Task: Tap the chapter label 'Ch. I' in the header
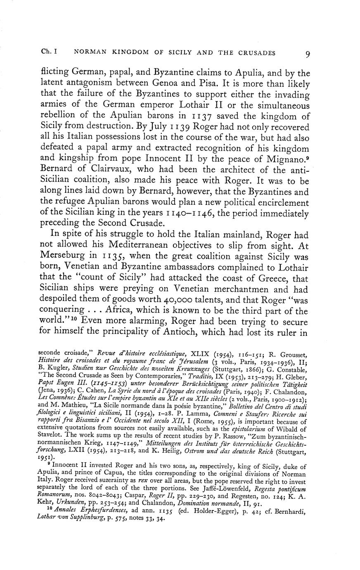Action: click(x=49, y=52)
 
